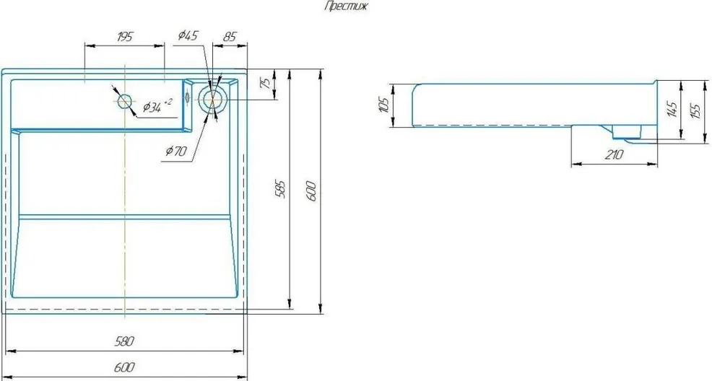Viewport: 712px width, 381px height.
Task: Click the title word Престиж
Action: (347, 6)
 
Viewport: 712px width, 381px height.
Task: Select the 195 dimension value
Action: (124, 37)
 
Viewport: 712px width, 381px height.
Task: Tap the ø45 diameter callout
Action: (188, 35)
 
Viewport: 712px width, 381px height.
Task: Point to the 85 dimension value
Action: (230, 37)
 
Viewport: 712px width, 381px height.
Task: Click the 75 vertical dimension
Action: (266, 83)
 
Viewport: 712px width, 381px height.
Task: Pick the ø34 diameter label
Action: (157, 106)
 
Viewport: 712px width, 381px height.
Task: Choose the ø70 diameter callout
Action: (175, 151)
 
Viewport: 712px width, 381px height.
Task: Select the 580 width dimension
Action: (124, 341)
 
